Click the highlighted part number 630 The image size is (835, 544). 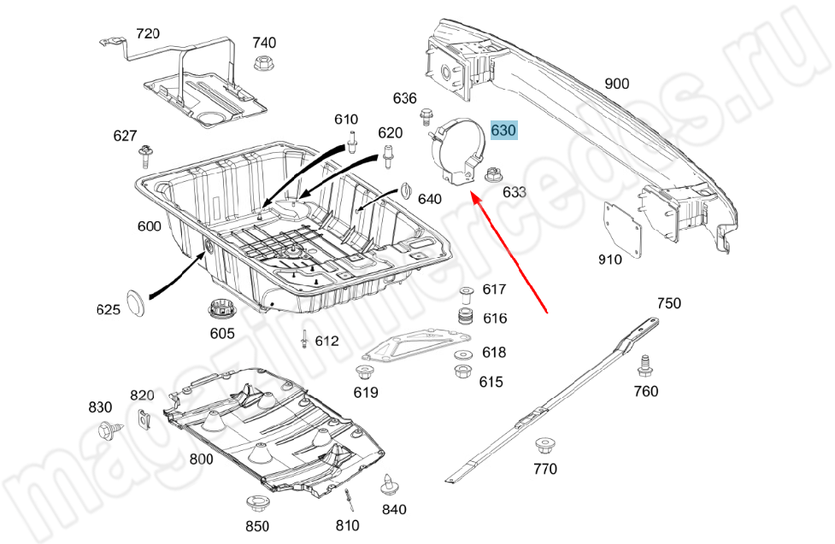click(503, 131)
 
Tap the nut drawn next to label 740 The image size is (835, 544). click(263, 62)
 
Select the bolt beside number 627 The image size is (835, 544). click(146, 156)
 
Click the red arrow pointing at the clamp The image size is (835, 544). click(510, 255)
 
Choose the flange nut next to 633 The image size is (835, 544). click(491, 176)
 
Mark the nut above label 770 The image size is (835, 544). click(544, 446)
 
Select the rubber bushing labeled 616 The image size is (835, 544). click(467, 319)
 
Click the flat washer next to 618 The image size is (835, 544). click(462, 353)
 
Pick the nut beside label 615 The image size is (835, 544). click(462, 372)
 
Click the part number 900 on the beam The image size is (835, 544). click(616, 83)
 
